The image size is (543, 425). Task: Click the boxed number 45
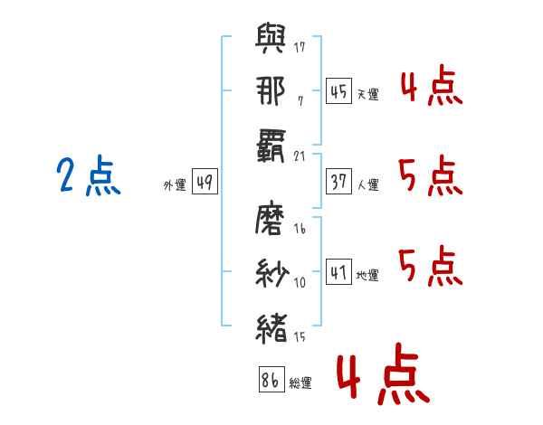[x=338, y=90]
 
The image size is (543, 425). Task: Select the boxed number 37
[x=338, y=182]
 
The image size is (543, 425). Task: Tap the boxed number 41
[x=338, y=271]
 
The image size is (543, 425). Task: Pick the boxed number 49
[x=205, y=183]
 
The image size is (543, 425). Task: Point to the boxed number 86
[x=270, y=381]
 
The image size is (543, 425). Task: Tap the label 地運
[x=367, y=275]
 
